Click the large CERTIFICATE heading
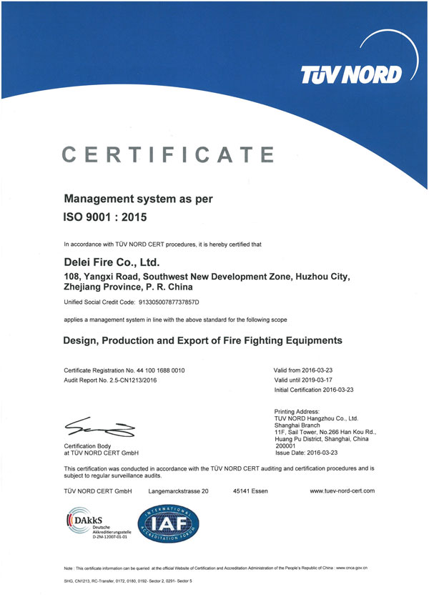(168, 154)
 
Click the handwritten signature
(99, 427)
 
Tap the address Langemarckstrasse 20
(178, 491)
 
